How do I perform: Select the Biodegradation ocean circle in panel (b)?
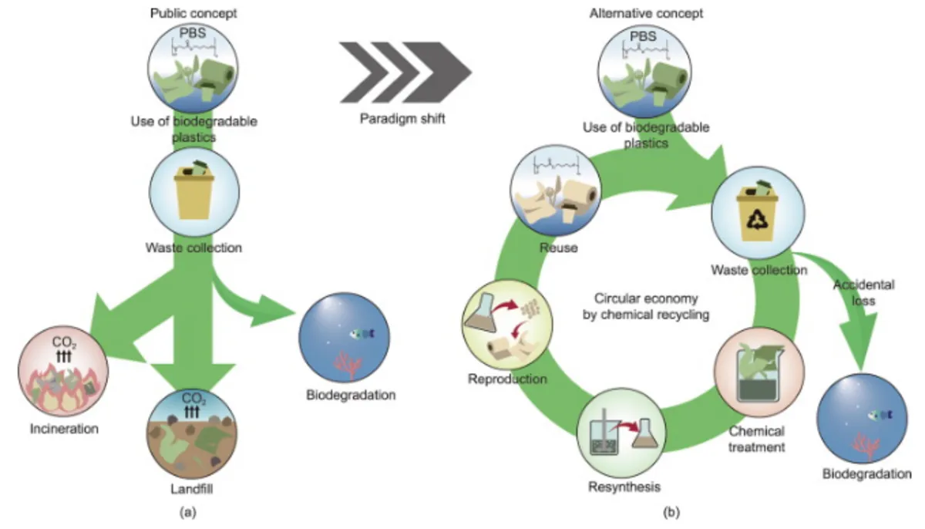(863, 416)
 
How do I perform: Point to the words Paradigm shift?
(405, 120)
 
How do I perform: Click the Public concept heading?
(193, 13)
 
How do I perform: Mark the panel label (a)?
(189, 511)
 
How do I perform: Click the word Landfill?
(193, 489)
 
